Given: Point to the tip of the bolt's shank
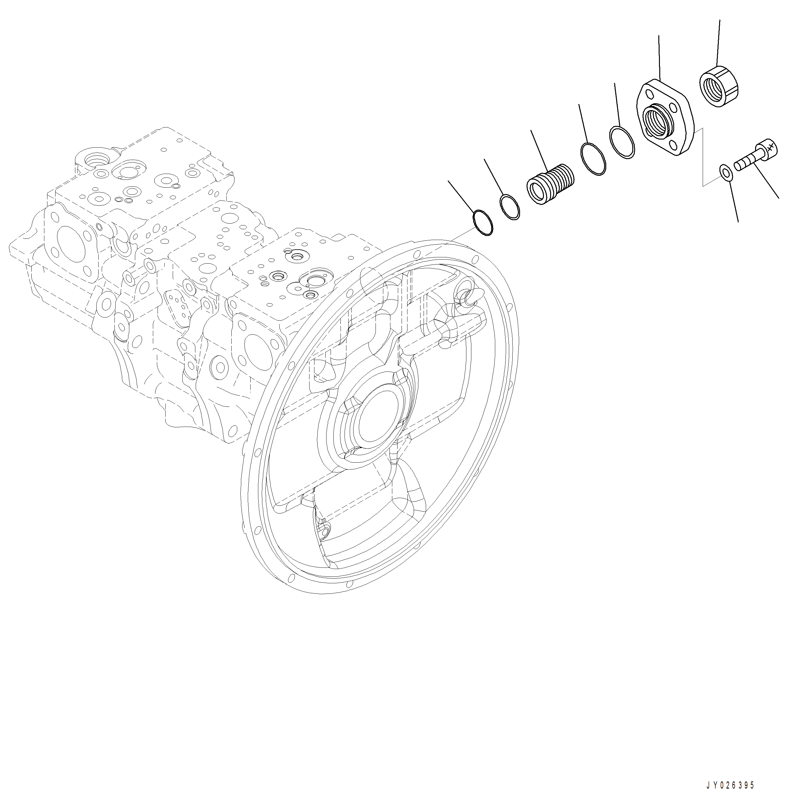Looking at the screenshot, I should click(737, 167).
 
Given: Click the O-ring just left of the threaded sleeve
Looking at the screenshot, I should click(509, 206).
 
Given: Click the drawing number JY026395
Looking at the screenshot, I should click(730, 785).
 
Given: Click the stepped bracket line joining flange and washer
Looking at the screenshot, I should click(703, 158).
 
